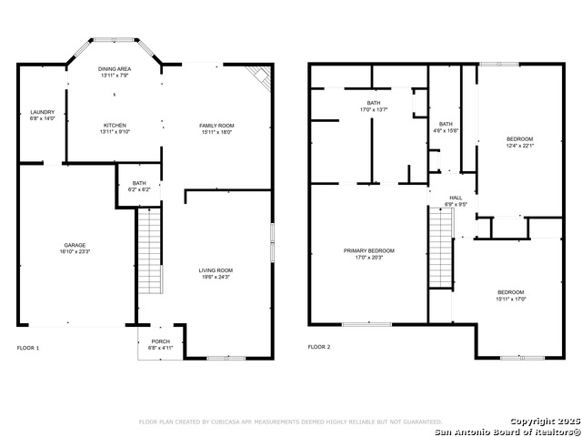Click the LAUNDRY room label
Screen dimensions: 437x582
[43, 115]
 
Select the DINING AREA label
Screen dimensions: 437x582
[115, 72]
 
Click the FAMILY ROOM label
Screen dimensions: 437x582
[216, 127]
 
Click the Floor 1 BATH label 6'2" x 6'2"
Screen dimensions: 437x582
[139, 186]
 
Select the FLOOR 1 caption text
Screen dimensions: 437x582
[29, 347]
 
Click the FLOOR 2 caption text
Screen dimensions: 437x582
[319, 347]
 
